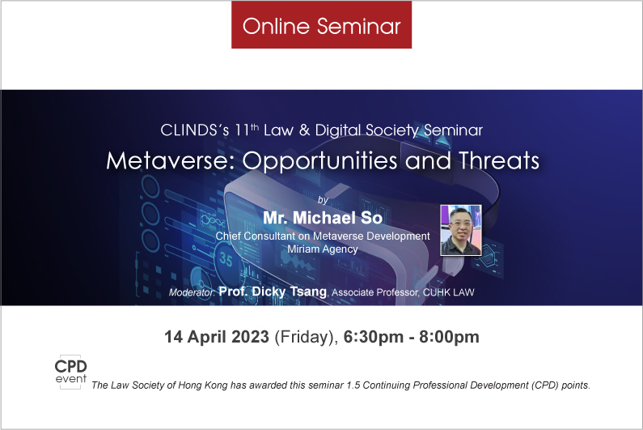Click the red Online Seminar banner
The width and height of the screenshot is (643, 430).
[x=322, y=24]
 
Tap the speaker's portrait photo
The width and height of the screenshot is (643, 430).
[x=461, y=230]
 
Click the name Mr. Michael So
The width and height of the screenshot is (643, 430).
[x=323, y=218]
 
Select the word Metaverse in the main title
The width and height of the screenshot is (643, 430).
[x=167, y=160]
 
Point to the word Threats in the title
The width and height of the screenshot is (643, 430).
[x=499, y=160]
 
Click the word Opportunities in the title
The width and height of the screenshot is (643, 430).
[x=319, y=161]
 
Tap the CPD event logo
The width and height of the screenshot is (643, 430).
[x=71, y=372]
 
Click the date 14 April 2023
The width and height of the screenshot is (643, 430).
[x=217, y=337]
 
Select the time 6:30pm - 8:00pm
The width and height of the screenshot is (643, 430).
[x=412, y=337]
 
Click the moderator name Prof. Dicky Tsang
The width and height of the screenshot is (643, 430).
[x=273, y=292]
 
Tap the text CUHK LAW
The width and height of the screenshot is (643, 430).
[x=449, y=292]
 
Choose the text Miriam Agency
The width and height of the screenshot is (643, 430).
[x=323, y=249]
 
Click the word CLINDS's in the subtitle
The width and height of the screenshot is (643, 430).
[x=195, y=130]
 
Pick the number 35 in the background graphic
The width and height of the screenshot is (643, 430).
[x=226, y=259]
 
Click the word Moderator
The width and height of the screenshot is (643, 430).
[x=192, y=292]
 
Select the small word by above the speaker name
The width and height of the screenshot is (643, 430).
[x=324, y=200]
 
